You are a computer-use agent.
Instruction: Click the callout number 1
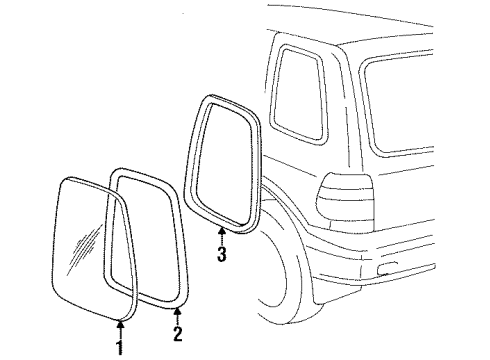[120, 349]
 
